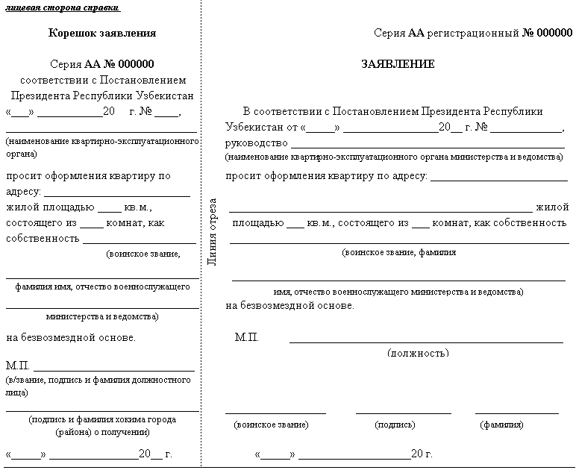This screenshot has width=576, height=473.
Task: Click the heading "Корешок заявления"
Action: point(102,34)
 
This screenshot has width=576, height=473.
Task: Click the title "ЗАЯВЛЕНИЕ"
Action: point(398,65)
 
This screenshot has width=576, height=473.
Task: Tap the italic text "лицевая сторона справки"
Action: point(63,7)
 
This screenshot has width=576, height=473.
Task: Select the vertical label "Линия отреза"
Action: point(212,231)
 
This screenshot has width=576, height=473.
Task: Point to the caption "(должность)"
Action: point(419,353)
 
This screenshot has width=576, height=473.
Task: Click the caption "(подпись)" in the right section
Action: point(395,425)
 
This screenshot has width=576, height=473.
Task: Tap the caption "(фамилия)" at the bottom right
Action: point(501,425)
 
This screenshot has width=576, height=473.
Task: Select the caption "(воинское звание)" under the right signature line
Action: point(271,425)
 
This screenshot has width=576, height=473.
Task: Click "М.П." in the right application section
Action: point(247,338)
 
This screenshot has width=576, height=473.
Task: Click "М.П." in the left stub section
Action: point(18,366)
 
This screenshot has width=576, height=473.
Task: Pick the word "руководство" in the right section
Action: point(256,142)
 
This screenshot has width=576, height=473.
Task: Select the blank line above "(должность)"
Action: point(426,342)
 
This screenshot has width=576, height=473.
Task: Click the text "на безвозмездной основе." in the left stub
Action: point(71,338)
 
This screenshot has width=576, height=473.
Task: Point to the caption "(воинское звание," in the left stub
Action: point(143,254)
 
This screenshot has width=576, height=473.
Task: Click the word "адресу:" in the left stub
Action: point(23,192)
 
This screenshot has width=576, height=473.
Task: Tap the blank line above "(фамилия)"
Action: point(516,412)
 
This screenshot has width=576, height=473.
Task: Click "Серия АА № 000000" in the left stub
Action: point(102,65)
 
